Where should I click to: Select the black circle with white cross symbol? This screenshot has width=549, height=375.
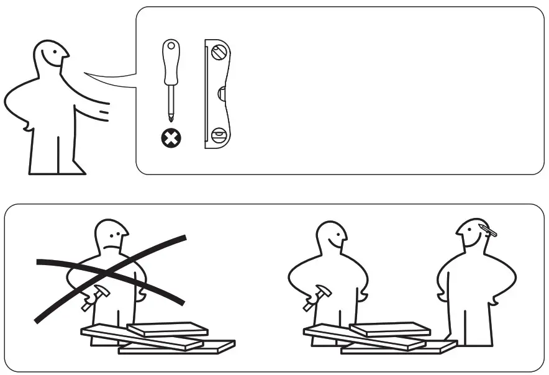pyautogui.click(x=170, y=138)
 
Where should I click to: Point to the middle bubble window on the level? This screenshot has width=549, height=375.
pyautogui.click(x=222, y=94)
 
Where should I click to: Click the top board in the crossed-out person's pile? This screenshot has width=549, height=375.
pyautogui.click(x=168, y=328)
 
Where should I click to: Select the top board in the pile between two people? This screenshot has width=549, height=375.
pyautogui.click(x=390, y=328)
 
